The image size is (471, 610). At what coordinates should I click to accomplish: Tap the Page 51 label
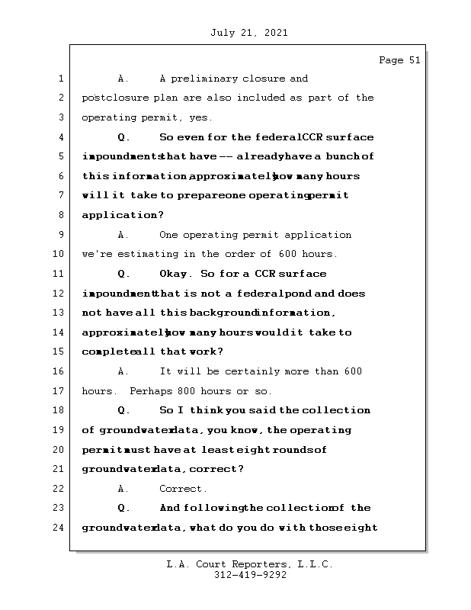click(399, 60)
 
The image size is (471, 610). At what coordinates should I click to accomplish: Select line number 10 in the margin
click(61, 254)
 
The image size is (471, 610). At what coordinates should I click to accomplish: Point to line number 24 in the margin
click(61, 527)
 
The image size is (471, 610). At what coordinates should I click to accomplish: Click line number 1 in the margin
click(61, 79)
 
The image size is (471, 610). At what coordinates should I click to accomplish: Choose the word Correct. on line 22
click(183, 489)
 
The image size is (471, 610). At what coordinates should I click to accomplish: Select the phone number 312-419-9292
click(250, 576)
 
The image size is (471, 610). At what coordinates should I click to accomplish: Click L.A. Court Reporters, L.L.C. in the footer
click(249, 564)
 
